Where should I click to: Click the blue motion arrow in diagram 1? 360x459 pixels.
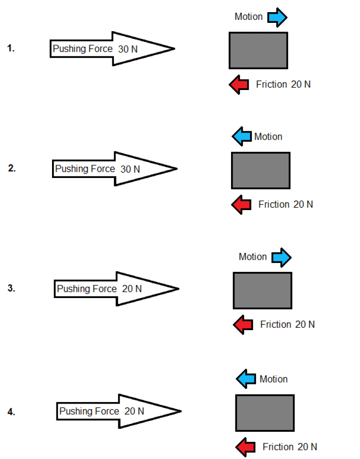pos(277,17)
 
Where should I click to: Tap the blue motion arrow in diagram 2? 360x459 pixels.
pos(242,137)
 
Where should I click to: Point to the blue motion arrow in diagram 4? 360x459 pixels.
pos(246,378)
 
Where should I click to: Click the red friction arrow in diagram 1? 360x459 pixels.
pos(239,85)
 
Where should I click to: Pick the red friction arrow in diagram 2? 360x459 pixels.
pos(241,204)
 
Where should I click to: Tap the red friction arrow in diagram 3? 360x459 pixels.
pos(243,324)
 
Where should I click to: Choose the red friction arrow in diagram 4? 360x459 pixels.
pos(245,446)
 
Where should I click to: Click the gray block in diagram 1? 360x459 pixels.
pos(258,50)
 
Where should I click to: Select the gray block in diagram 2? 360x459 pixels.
pos(261,170)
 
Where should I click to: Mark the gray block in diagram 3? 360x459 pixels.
pos(263,290)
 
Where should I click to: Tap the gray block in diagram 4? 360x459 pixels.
pos(265,413)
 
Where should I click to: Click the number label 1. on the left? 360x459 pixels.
pos(11,48)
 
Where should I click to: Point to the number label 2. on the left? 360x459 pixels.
pos(12,169)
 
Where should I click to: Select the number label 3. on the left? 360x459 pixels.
pos(12,288)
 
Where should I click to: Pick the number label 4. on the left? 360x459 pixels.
pos(12,412)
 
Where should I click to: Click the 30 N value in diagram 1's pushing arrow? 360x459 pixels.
pos(128,49)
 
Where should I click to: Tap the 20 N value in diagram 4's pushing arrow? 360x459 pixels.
pos(134,411)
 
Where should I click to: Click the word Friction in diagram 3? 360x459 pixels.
pos(275,324)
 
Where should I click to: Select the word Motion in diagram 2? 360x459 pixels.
pos(268,137)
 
